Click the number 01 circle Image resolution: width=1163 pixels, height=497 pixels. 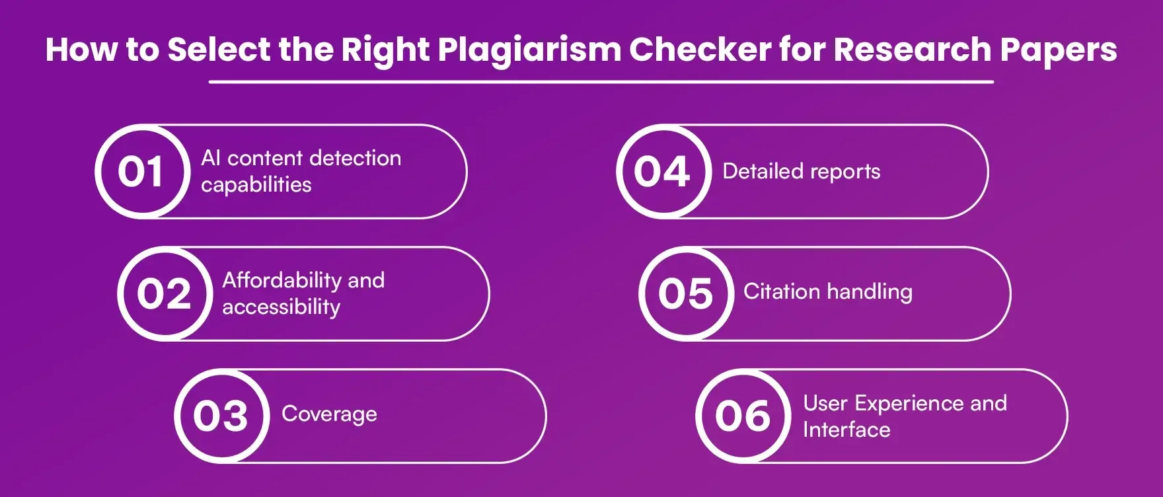point(141,172)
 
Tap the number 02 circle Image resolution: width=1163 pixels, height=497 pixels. point(165,294)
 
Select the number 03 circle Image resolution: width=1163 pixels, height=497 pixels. point(221,416)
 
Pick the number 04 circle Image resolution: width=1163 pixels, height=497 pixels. point(663,172)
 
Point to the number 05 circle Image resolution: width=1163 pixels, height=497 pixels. point(686,294)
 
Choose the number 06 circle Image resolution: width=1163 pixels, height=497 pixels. point(743,416)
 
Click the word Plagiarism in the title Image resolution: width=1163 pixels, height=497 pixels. point(529,50)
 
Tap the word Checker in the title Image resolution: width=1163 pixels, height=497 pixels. point(700,50)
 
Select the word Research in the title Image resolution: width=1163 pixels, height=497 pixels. point(913,50)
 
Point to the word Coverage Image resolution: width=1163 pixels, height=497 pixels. point(329,414)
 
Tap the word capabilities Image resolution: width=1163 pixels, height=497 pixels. point(256,185)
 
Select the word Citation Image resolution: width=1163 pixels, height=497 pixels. point(782,291)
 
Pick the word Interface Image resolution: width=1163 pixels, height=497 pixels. point(846,430)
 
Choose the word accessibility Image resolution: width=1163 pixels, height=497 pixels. point(281,307)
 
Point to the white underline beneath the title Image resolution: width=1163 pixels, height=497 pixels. point(601,82)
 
